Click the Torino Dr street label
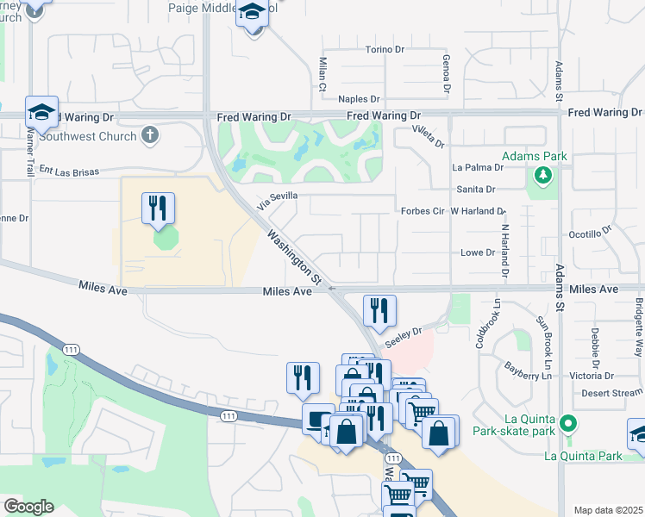[x=385, y=50]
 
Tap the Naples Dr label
[x=359, y=100]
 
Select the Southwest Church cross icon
[x=150, y=135]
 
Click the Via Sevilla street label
[x=277, y=196]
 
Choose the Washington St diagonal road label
[x=294, y=258]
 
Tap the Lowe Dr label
[x=478, y=252]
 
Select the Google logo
[x=28, y=507]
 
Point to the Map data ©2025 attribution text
[x=608, y=510]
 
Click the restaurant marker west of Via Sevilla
[x=158, y=208]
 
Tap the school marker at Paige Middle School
[x=253, y=15]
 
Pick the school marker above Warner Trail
[x=41, y=112]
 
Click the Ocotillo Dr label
[x=590, y=234]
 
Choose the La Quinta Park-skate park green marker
[x=567, y=423]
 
